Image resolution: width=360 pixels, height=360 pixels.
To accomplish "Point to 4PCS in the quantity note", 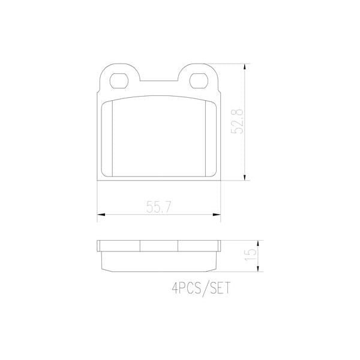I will [x=184, y=288].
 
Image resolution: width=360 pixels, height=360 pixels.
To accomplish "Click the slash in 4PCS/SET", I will [x=202, y=288].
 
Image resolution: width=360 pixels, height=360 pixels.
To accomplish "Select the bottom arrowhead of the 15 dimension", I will [x=259, y=268].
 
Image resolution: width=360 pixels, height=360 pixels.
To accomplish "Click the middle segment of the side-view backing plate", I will [x=159, y=245].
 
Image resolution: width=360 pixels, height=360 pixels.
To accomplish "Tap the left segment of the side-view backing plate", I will [x=118, y=245].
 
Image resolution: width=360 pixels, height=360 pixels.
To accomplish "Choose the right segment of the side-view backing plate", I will [x=199, y=245].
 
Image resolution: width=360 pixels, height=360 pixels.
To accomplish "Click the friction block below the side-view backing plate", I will [x=159, y=259].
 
